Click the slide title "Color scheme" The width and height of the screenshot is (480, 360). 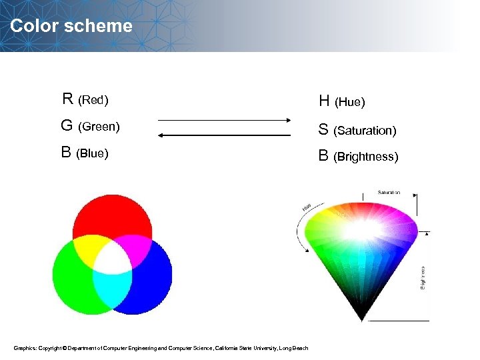71,26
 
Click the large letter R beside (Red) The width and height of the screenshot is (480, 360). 67,99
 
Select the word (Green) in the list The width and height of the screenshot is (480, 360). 99,126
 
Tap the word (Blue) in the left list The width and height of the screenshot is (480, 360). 92,153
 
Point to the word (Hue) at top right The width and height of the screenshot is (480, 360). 349,102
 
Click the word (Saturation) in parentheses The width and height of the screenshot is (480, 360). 365,131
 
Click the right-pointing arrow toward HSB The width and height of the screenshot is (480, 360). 224,120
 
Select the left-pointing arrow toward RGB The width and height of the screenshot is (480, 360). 224,135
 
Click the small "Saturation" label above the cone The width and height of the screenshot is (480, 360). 389,193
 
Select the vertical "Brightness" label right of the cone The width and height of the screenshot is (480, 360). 423,277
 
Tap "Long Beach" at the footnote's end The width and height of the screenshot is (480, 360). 294,347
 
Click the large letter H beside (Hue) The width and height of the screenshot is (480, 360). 324,101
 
